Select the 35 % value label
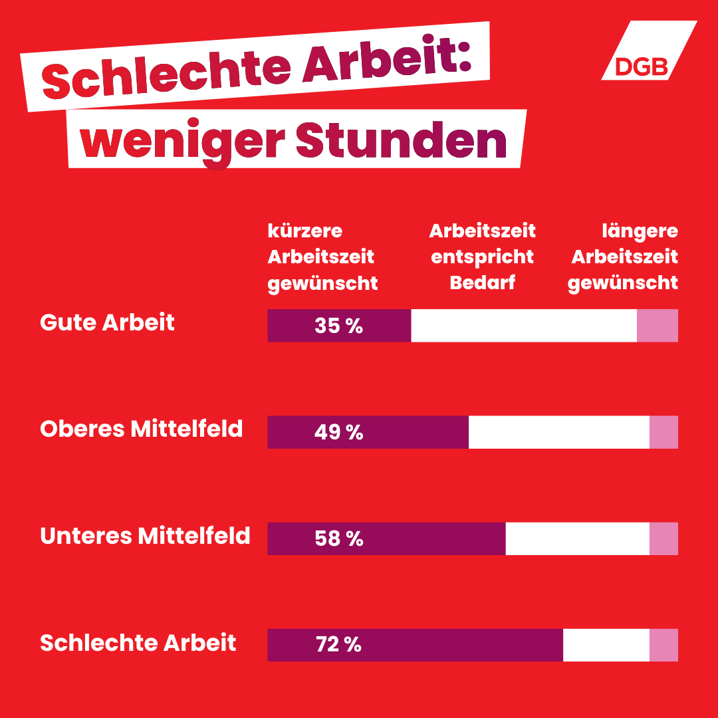[x=339, y=326]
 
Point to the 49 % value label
[x=339, y=432]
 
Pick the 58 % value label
[x=339, y=538]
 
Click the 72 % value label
[x=339, y=645]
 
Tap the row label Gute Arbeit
[x=108, y=322]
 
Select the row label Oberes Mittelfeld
[x=142, y=429]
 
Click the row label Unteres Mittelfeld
[x=145, y=535]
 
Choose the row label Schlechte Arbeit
[x=138, y=642]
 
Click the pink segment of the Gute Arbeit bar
[x=658, y=326]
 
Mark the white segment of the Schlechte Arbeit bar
[x=606, y=645]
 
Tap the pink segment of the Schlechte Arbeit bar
[x=663, y=645]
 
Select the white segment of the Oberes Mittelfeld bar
[x=558, y=432]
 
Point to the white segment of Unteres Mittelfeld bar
[x=577, y=538]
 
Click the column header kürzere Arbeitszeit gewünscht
[x=322, y=257]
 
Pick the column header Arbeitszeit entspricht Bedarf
[x=483, y=257]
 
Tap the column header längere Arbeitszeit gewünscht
[x=624, y=257]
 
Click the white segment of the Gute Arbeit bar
[x=524, y=326]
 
